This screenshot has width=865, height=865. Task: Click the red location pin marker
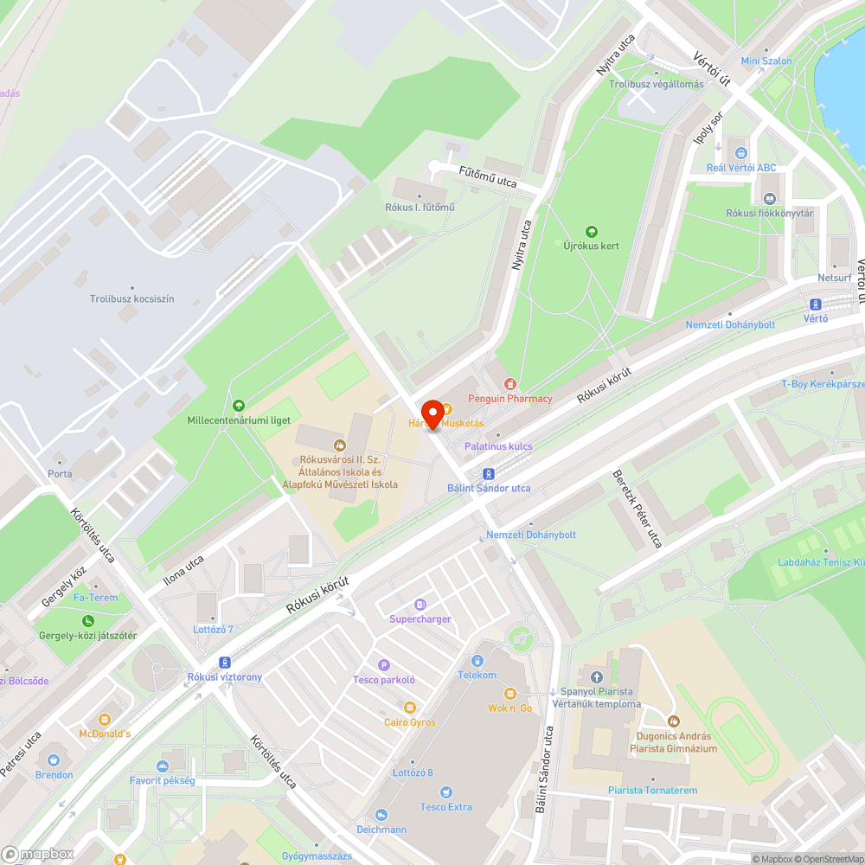432,413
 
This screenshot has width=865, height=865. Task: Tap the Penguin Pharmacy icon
510,383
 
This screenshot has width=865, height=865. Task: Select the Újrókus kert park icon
592,231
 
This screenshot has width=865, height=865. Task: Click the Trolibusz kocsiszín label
131,298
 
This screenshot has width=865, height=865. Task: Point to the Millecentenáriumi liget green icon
239,405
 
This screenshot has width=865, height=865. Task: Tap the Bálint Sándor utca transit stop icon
489,473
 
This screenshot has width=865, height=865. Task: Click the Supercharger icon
420,604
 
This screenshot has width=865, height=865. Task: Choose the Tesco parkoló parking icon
384,664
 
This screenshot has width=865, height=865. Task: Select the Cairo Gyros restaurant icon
410,707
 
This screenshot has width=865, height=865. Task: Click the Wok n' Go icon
509,693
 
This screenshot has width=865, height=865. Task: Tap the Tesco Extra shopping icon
445,791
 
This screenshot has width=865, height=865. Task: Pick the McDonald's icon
106,719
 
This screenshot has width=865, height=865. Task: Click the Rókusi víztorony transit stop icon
225,661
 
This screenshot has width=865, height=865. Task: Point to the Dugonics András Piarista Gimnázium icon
674,721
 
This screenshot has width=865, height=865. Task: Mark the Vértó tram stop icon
815,304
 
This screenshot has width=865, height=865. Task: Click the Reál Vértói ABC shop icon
741,152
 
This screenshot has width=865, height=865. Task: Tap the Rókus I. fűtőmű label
420,208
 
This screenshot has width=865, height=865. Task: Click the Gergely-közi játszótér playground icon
87,620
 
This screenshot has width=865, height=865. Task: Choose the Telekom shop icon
477,660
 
